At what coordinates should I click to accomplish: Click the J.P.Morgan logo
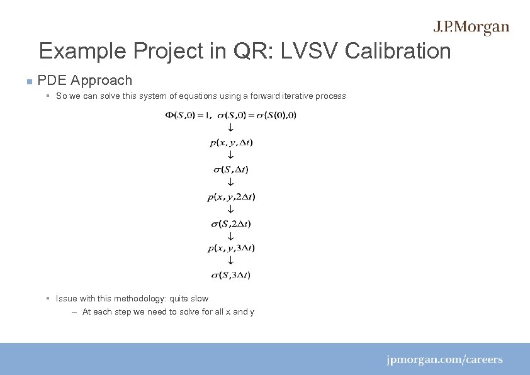pos(471,27)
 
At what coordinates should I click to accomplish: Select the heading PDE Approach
pos(85,81)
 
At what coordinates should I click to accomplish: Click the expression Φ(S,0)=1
pos(188,115)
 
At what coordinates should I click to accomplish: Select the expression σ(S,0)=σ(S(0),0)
pos(256,115)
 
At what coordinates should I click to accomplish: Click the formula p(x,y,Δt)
pos(231,142)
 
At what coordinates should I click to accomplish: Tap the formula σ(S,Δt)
pos(231,169)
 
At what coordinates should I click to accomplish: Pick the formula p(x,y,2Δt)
pos(231,197)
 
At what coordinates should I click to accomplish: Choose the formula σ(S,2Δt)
pos(231,223)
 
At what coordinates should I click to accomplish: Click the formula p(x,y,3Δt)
pos(231,248)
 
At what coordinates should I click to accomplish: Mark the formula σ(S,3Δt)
pos(231,275)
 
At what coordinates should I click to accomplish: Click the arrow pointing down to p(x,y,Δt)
pos(230,128)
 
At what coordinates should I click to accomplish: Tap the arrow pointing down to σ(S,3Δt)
pos(230,261)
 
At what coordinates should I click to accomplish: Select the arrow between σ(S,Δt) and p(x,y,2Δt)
pos(230,182)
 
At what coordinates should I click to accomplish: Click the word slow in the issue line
pos(199,299)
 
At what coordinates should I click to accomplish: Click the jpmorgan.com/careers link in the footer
pos(444,360)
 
